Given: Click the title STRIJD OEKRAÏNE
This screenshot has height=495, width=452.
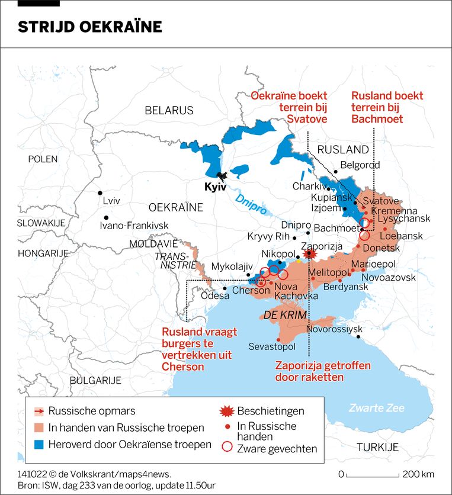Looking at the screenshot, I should (89, 27).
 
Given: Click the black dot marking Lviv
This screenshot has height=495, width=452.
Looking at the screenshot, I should (100, 193).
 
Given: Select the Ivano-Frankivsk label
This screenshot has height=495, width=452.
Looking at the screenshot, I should (134, 226).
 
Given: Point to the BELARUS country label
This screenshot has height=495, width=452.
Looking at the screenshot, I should (169, 110).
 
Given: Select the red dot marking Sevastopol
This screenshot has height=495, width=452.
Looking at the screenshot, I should (278, 338).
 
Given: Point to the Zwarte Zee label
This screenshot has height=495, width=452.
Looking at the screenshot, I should (376, 408).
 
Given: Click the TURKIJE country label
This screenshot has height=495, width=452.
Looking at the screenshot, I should (377, 447).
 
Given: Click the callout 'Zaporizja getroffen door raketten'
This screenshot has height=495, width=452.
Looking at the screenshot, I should (309, 371).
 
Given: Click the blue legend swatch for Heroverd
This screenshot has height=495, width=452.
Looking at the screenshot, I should (38, 444).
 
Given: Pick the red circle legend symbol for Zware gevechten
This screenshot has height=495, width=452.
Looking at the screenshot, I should (226, 448).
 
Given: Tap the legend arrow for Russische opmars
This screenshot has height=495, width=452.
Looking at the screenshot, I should (38, 411).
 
